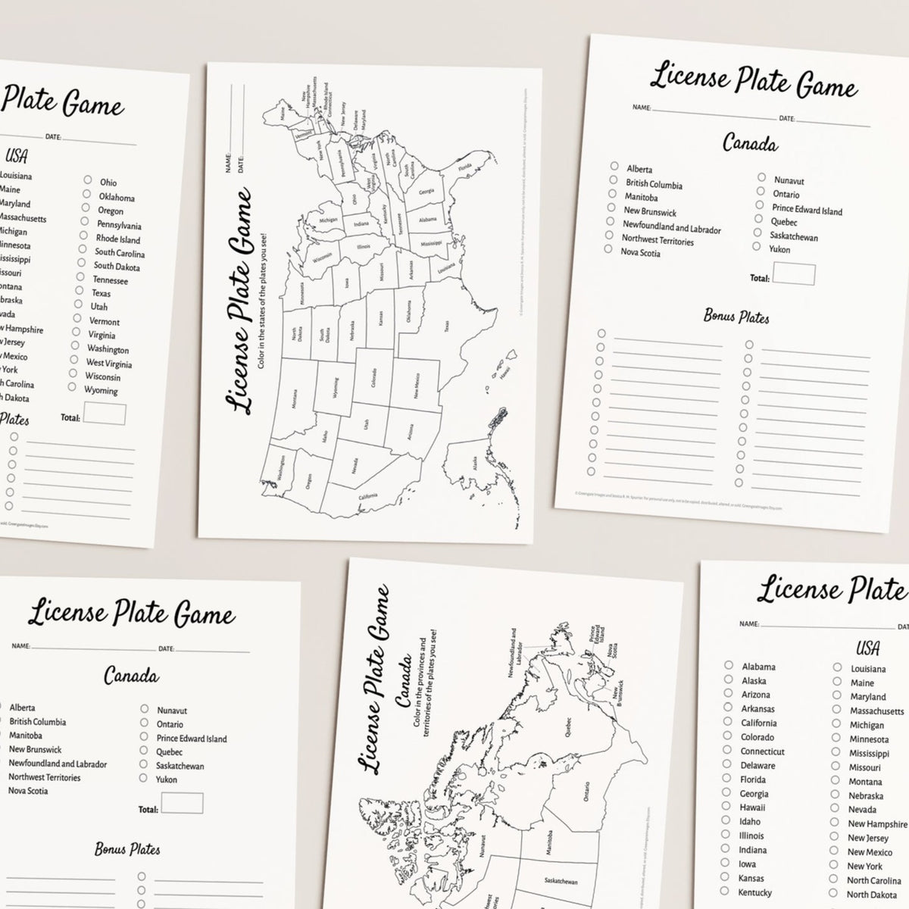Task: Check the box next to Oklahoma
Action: point(86,195)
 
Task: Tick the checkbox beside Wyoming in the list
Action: point(72,387)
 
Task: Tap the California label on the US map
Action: point(368,496)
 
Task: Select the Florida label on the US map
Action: point(464,167)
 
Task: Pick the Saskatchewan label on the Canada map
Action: point(560,881)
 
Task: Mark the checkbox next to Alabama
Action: point(729,666)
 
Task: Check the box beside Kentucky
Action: point(724,892)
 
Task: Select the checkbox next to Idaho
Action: point(726,821)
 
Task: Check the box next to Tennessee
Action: point(80,278)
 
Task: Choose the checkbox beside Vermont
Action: point(77,319)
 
